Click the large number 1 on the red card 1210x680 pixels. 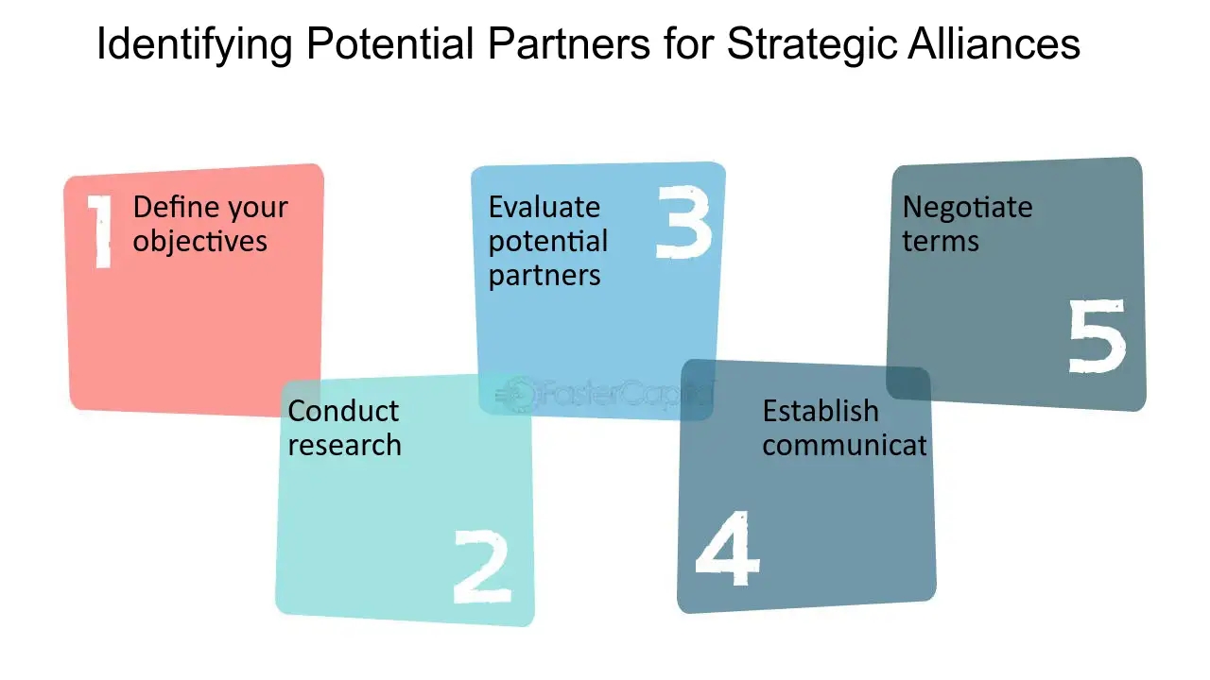(101, 231)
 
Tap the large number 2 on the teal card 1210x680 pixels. (482, 566)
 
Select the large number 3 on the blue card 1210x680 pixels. (683, 222)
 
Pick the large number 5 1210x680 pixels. (1098, 335)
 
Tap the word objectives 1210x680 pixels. (199, 241)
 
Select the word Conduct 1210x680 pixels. (343, 411)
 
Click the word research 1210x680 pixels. (344, 445)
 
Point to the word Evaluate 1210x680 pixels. (544, 207)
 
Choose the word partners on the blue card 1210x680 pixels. (544, 275)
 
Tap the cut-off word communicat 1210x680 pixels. (844, 445)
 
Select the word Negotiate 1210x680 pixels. (967, 207)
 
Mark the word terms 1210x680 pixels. (940, 241)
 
